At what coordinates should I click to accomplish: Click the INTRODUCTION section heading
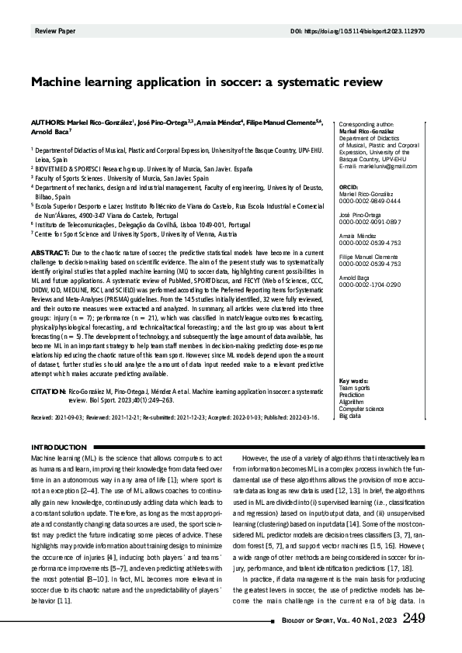(57, 448)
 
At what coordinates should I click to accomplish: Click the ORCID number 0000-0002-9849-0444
(370, 201)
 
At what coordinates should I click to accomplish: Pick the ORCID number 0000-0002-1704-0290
(370, 285)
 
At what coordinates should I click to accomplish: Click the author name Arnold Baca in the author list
(50, 132)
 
